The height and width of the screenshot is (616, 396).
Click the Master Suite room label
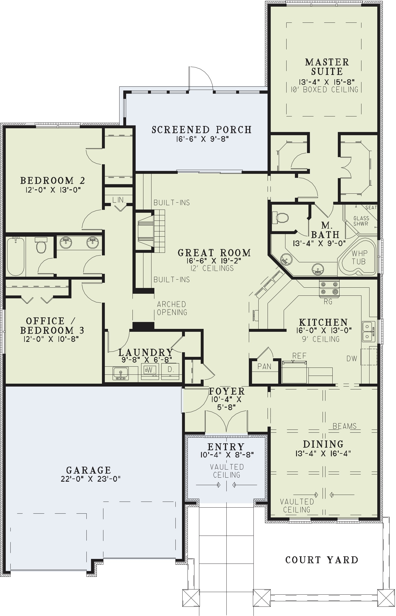(x=327, y=67)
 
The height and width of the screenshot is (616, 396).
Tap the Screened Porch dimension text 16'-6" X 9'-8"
(x=202, y=139)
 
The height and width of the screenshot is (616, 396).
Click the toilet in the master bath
(x=280, y=218)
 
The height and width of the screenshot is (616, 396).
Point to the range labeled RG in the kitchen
(x=329, y=289)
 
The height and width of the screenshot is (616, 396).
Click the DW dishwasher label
(x=352, y=359)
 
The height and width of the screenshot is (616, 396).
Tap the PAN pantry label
(x=264, y=366)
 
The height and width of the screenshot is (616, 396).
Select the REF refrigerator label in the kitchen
(x=299, y=356)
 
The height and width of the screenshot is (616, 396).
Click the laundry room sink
(x=121, y=373)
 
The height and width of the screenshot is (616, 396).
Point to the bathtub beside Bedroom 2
(x=16, y=256)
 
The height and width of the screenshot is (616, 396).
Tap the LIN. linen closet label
(x=118, y=200)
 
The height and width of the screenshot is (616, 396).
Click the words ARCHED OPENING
(x=172, y=308)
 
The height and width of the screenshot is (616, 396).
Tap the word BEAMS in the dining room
(x=344, y=426)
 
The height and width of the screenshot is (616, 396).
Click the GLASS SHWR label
(x=361, y=221)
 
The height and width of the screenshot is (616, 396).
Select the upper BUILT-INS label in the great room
(x=172, y=203)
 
